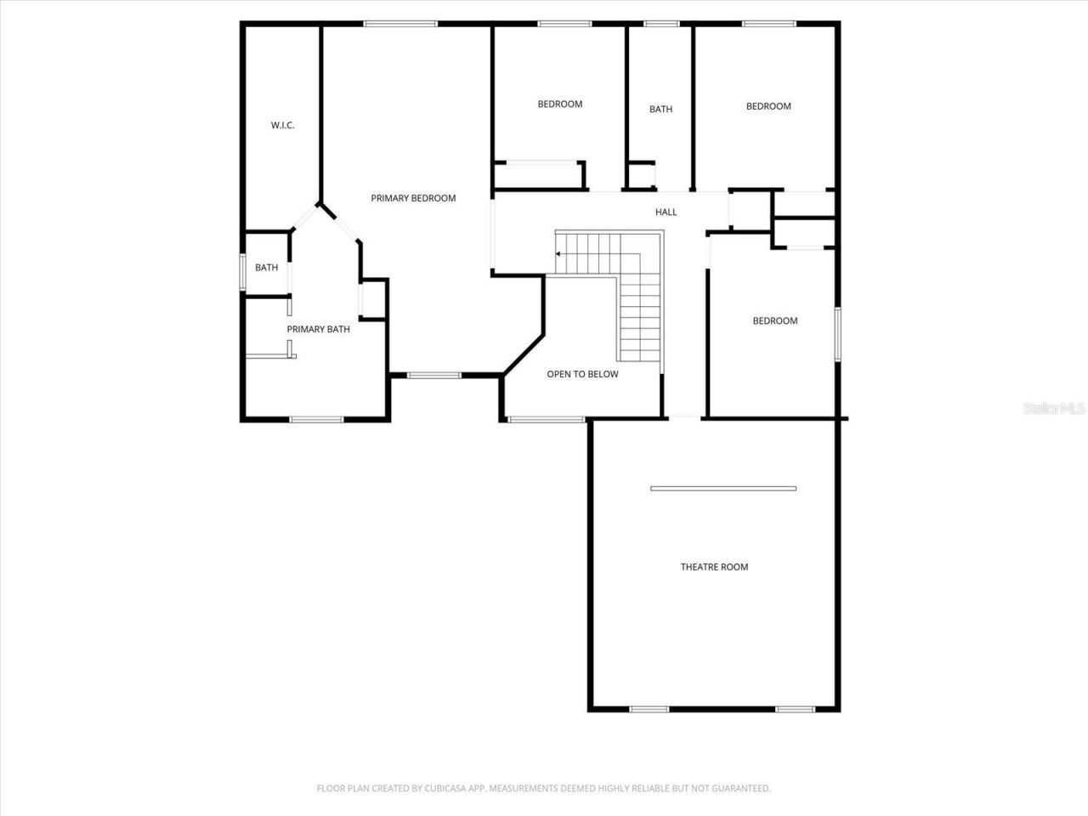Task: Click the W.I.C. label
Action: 283,126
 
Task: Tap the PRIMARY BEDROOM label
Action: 413,198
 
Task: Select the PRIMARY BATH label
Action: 318,329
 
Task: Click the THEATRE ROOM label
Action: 714,567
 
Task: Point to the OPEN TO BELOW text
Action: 582,374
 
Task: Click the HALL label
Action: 666,212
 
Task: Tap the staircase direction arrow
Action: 559,253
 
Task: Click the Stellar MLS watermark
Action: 1054,409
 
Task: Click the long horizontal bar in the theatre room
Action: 723,489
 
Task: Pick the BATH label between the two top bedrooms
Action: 660,109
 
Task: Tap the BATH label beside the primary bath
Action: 266,268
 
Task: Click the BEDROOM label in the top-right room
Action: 768,106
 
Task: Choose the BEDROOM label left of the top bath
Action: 560,104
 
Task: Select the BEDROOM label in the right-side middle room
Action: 775,320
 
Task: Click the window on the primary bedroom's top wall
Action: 399,24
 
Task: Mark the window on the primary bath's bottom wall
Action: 316,419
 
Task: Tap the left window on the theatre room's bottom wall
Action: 649,709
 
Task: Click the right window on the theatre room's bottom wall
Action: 795,709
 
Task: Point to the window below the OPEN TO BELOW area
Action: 546,418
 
